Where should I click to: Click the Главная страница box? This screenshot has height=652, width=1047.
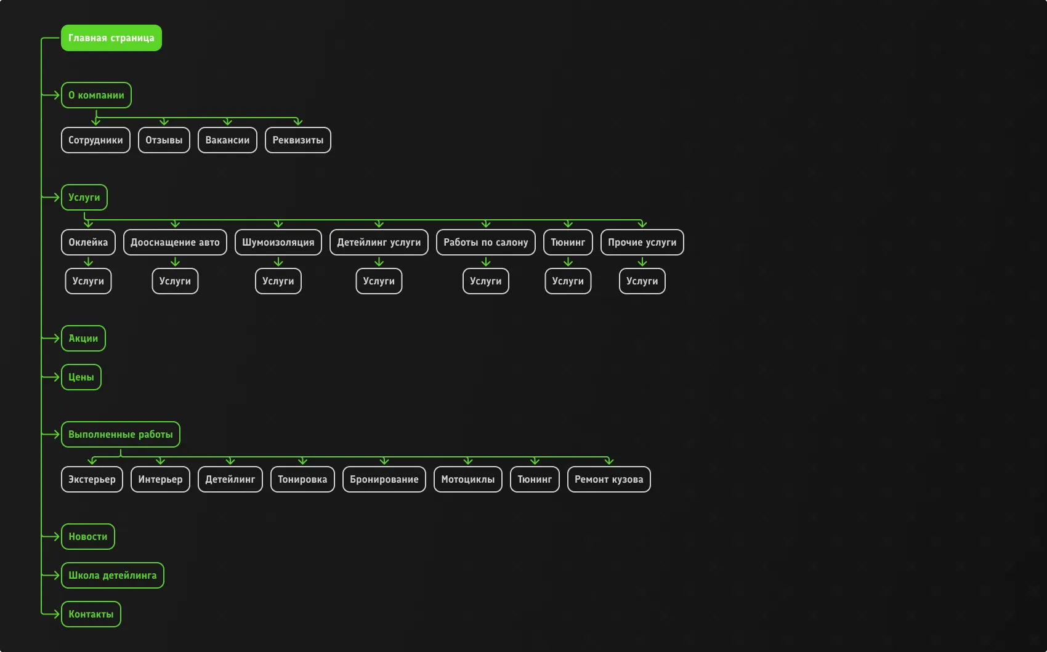pyautogui.click(x=111, y=38)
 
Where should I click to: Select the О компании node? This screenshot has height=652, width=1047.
pyautogui.click(x=96, y=95)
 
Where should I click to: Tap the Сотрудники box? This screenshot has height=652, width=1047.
pyautogui.click(x=95, y=140)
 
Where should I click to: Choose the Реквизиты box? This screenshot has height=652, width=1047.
pyautogui.click(x=297, y=140)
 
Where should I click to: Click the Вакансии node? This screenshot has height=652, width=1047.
pyautogui.click(x=227, y=140)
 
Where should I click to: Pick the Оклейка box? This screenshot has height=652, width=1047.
pyautogui.click(x=88, y=242)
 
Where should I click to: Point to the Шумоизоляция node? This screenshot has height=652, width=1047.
pyautogui.click(x=278, y=242)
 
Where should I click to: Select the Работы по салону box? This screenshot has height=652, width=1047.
pyautogui.click(x=486, y=242)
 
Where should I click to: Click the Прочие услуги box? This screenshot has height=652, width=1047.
pyautogui.click(x=642, y=242)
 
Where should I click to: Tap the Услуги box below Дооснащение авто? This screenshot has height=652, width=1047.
pyautogui.click(x=175, y=281)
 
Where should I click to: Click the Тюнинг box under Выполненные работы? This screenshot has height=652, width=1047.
pyautogui.click(x=535, y=479)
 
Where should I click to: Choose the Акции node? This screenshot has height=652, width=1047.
pyautogui.click(x=83, y=338)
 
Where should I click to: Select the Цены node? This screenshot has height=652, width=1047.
pyautogui.click(x=81, y=377)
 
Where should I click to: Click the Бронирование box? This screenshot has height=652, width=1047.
pyautogui.click(x=384, y=479)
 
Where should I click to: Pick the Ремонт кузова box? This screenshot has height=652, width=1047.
pyautogui.click(x=608, y=479)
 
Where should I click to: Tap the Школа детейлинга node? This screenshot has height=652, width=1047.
pyautogui.click(x=112, y=575)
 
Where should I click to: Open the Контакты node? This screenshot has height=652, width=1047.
pyautogui.click(x=91, y=614)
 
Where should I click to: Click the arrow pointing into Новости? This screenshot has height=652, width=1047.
pyautogui.click(x=51, y=536)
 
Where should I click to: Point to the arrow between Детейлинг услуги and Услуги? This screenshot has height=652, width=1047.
pyautogui.click(x=379, y=262)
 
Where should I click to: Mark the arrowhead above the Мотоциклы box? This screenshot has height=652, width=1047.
pyautogui.click(x=468, y=461)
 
